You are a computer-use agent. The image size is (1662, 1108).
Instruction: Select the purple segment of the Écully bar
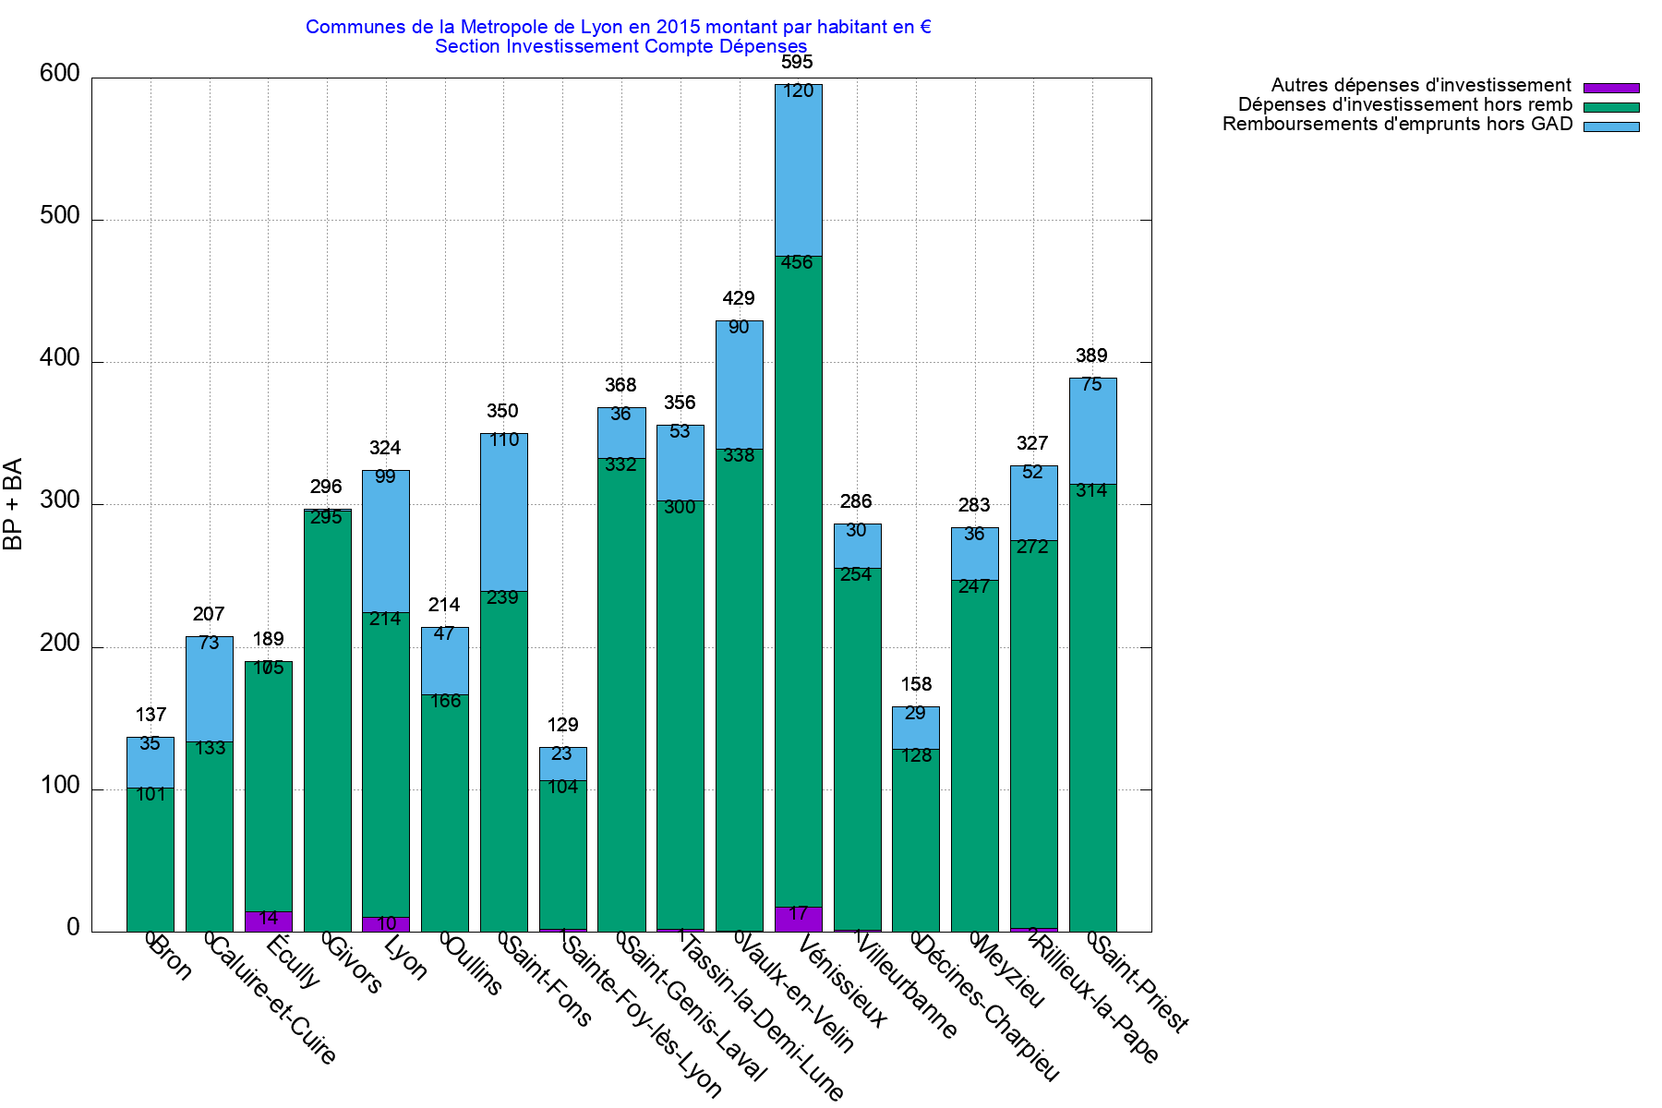[x=269, y=921]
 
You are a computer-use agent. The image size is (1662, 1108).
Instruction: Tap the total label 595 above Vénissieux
[x=797, y=62]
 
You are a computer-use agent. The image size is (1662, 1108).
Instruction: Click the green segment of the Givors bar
[x=328, y=720]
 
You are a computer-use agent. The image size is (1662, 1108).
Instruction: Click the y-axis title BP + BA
[x=13, y=504]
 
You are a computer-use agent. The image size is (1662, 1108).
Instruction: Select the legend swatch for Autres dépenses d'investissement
[x=1611, y=88]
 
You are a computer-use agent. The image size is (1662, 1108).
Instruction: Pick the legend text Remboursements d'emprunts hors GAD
[x=1397, y=124]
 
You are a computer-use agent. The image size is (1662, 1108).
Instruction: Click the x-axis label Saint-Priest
[x=1141, y=984]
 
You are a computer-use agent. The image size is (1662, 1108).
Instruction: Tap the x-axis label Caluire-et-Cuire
[x=273, y=1001]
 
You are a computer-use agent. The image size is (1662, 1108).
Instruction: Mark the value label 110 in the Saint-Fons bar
[x=504, y=440]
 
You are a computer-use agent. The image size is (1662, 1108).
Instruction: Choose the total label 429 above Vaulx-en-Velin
[x=739, y=298]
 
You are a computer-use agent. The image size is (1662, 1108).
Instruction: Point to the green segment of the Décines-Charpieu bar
[x=916, y=840]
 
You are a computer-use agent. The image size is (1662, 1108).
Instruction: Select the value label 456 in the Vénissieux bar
[x=797, y=262]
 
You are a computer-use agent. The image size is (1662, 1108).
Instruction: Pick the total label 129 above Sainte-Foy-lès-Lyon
[x=562, y=725]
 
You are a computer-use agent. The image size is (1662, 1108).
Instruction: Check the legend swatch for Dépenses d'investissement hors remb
[x=1611, y=107]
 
